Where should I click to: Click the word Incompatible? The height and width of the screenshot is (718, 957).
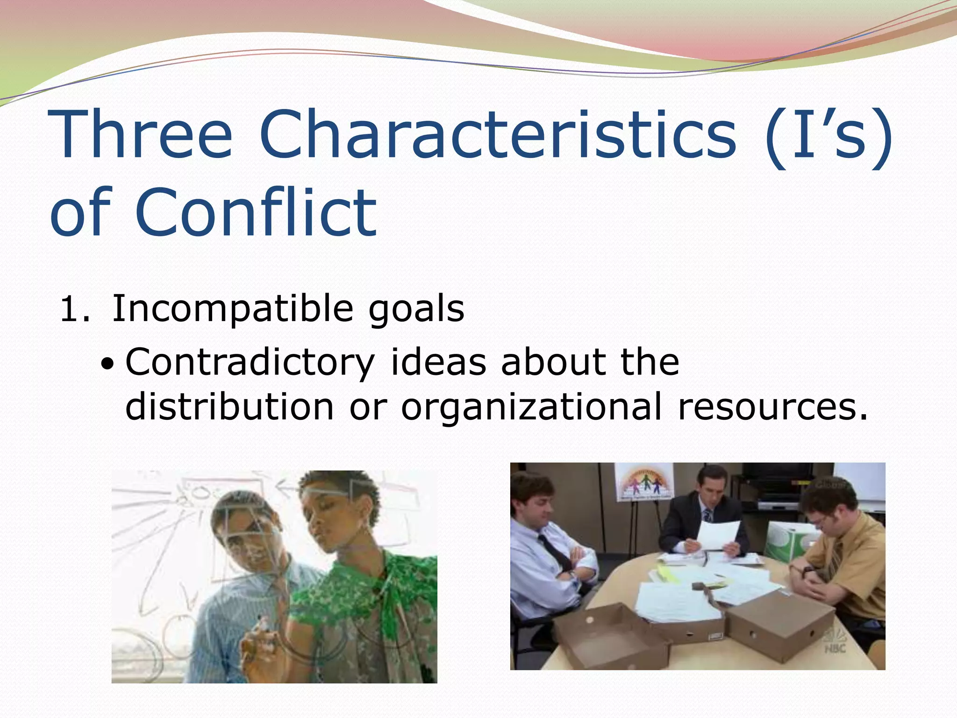coord(232,309)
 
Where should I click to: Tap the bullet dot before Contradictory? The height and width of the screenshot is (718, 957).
coord(107,364)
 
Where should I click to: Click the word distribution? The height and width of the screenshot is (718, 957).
coord(229,406)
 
